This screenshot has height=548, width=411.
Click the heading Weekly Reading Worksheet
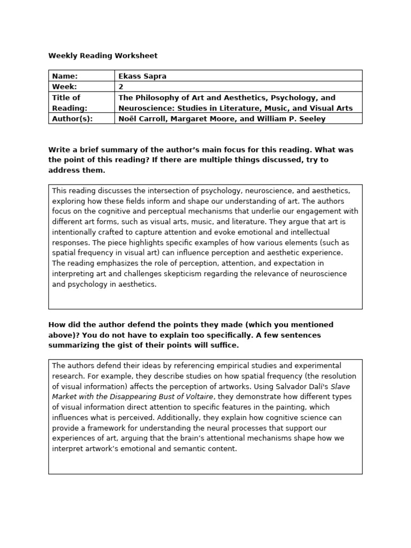pos(103,56)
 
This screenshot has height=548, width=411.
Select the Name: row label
pos(65,76)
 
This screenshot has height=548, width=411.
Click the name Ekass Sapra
pos(142,76)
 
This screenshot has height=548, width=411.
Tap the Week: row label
pos(64,86)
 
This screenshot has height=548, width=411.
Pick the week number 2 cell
pos(121,86)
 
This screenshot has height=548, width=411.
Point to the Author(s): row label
pos(72,119)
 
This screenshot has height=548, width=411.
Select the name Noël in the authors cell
pos(128,119)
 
